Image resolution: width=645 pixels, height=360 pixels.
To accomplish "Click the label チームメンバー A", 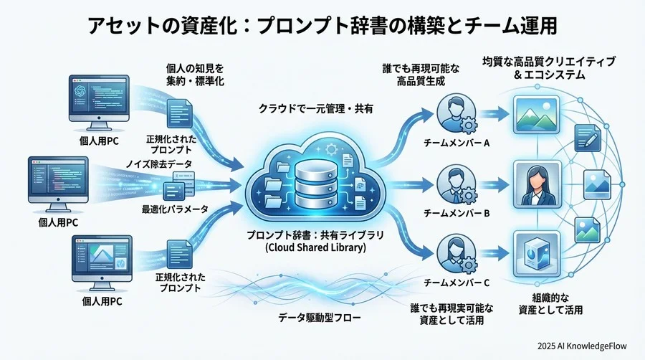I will coord(456,142).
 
